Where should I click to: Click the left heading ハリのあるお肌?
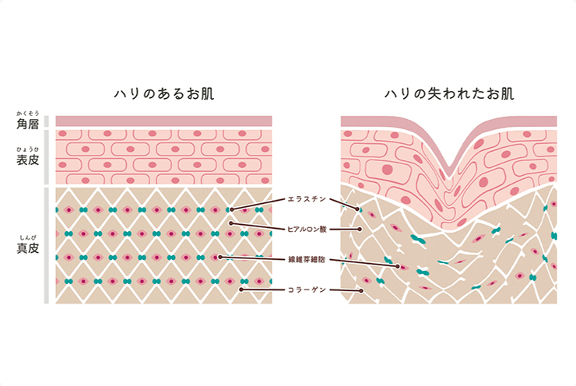tap(163, 94)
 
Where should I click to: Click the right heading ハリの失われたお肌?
tap(449, 94)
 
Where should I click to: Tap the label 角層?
tap(28, 124)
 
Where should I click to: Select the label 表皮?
tap(28, 159)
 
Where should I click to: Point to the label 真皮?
tap(28, 248)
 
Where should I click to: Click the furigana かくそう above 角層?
tap(28, 114)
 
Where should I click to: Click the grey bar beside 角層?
tap(47, 121)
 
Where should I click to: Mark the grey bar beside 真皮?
tap(47, 244)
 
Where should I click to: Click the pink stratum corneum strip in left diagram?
tap(163, 121)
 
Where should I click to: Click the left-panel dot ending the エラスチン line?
tap(234, 209)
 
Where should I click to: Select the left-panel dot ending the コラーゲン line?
tap(241, 289)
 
